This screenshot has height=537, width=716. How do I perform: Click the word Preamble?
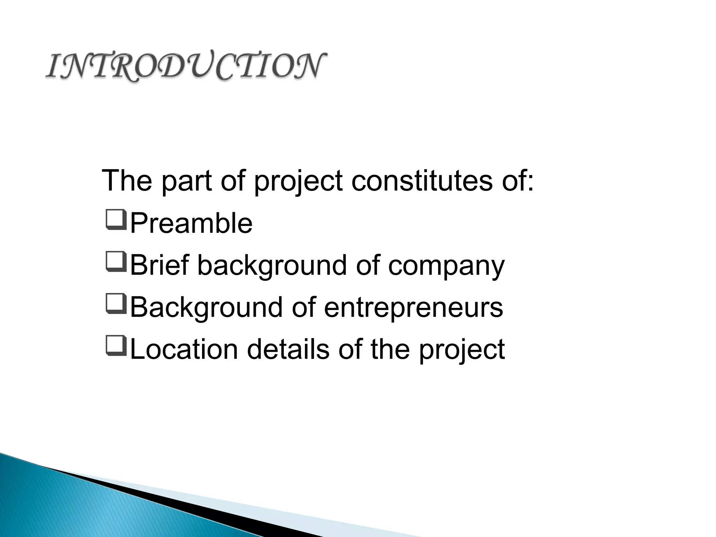191,224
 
